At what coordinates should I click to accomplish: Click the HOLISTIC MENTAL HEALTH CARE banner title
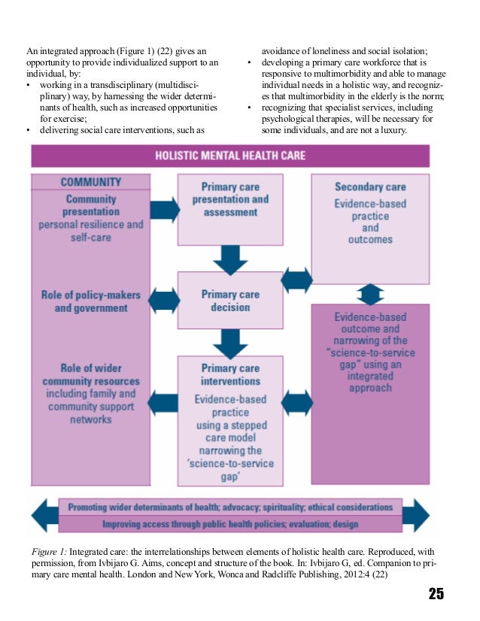coord(229,156)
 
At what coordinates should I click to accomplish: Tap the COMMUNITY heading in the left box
coord(90,183)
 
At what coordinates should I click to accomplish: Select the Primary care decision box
coord(230,301)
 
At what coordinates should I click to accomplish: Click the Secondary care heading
coord(370,186)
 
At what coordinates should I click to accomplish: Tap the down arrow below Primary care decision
coord(230,342)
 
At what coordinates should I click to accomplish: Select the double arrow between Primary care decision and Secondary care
coord(297,280)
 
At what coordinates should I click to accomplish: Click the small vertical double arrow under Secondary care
coord(370,294)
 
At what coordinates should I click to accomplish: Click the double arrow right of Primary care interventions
coord(297,402)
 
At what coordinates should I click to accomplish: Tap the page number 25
coord(436,594)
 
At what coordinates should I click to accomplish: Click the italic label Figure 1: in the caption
coord(46,552)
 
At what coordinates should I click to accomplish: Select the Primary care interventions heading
coord(230,374)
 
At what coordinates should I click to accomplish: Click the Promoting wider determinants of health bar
coord(230,507)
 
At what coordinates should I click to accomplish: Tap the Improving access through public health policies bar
coord(230,523)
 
